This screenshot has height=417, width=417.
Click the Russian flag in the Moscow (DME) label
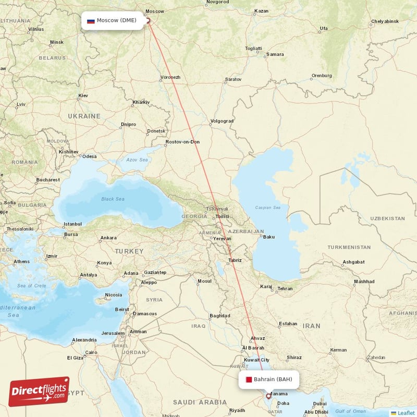(x=91, y=21)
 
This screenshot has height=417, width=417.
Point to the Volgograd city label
(x=222, y=121)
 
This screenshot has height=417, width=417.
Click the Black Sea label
(x=113, y=199)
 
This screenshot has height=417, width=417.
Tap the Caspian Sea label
(x=267, y=207)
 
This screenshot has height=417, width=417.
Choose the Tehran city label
(x=285, y=288)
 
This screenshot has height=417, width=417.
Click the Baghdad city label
(x=219, y=315)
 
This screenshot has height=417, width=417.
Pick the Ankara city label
(x=108, y=238)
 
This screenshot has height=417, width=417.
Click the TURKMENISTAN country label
(x=349, y=247)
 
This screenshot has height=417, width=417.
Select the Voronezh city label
(x=170, y=77)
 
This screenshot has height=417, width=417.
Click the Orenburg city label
(x=321, y=76)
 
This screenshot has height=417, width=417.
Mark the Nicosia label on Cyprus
(x=114, y=295)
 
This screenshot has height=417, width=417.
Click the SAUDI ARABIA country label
(x=200, y=402)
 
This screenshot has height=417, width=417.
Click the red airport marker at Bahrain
(x=268, y=396)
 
